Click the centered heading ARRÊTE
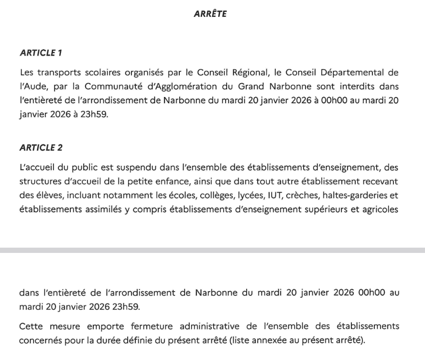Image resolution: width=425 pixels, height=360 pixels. click(x=210, y=14)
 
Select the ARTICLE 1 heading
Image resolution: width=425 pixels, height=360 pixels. click(x=41, y=53)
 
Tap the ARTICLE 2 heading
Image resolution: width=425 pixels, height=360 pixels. click(x=41, y=148)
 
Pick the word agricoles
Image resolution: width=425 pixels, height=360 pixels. click(x=381, y=209)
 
